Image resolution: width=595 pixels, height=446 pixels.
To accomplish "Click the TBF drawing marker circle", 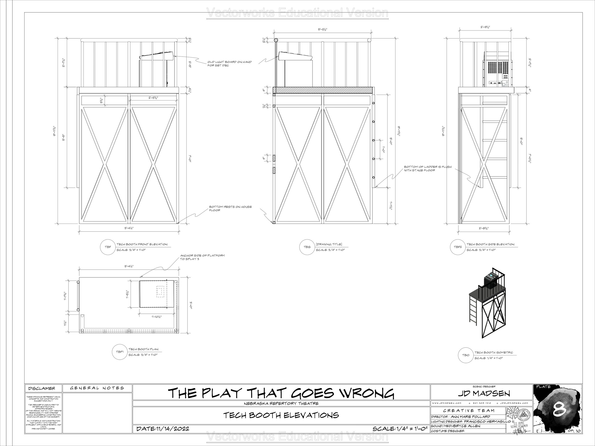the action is tap(108, 247).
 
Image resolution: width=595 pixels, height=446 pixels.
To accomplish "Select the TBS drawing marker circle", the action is tap(307, 247).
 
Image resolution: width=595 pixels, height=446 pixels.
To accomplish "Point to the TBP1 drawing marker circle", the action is tap(120, 352).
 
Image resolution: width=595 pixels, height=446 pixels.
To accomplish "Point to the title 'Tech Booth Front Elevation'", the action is tap(142, 244).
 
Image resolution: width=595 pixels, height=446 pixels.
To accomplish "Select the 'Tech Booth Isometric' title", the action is tap(494, 353).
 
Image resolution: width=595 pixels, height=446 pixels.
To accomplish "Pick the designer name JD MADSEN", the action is tap(484, 394).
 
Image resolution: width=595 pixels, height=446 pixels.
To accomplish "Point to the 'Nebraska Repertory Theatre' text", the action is tap(281, 403).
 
